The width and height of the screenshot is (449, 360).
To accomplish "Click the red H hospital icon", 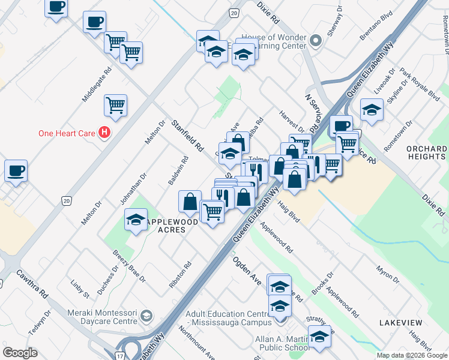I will point(104,133).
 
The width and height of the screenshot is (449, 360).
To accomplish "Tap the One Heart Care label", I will point(67,133).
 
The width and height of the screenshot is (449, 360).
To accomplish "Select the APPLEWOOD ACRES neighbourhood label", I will point(172,226).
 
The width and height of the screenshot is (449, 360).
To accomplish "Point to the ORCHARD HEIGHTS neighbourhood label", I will point(426,152).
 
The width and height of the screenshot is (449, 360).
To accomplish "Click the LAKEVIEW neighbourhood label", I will point(400,323).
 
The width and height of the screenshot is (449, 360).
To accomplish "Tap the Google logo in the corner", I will point(20,352).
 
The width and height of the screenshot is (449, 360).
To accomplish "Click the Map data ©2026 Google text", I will point(412,355).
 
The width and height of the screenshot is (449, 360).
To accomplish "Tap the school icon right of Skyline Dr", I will point(372,110).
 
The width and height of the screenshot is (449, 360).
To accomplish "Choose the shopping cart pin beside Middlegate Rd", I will point(115,106).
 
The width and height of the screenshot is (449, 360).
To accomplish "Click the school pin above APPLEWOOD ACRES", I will point(136,219).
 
